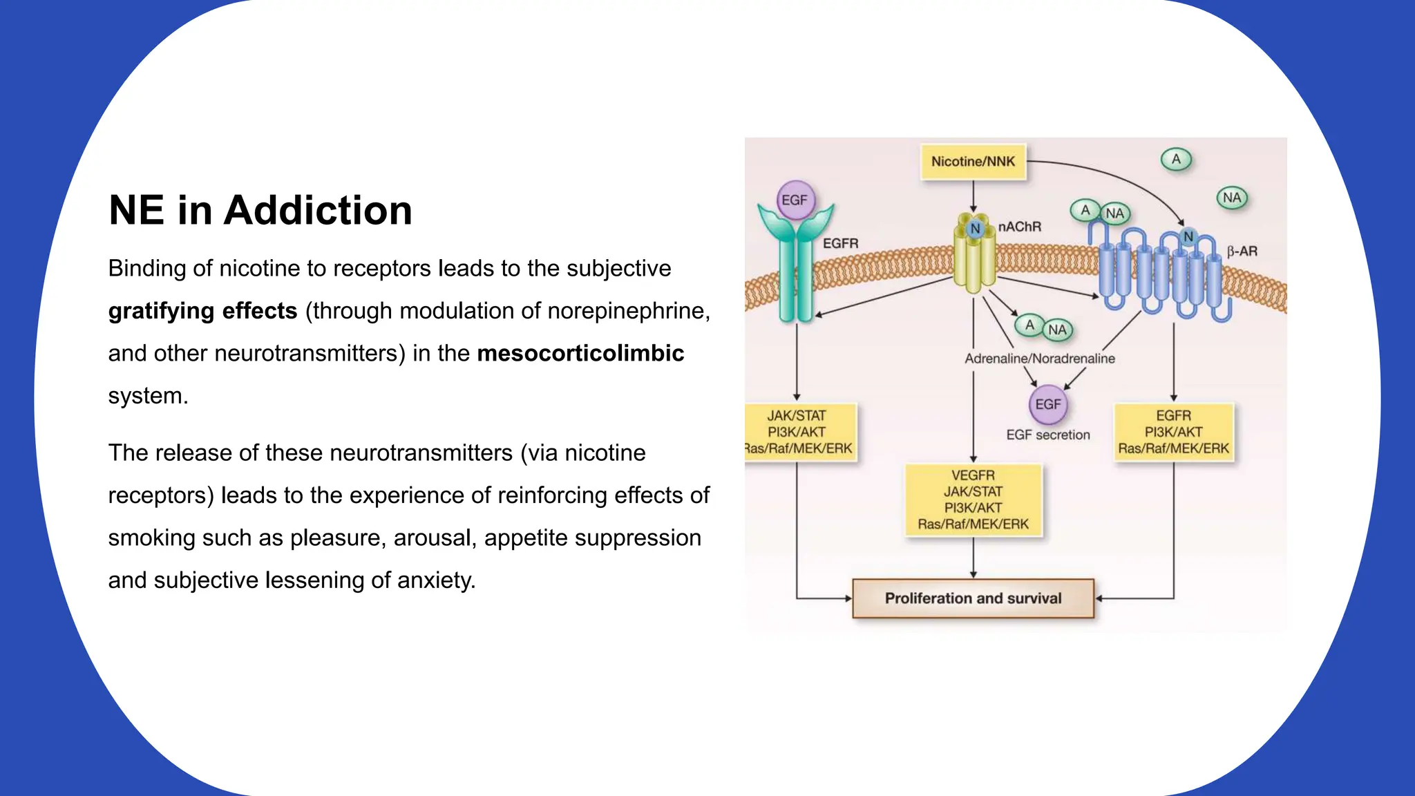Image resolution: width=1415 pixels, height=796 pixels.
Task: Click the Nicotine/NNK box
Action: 973,162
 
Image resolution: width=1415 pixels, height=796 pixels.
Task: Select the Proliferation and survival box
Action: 973,598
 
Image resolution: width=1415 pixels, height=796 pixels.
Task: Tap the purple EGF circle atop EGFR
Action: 795,200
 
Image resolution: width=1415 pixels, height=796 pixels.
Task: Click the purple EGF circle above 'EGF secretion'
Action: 1048,404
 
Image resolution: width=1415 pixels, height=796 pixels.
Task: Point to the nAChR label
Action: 1020,227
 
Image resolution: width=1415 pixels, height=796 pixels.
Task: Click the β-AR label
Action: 1242,252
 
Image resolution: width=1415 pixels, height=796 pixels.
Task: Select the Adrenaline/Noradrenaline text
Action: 1039,359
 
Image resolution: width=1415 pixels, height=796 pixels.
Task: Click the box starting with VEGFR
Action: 973,500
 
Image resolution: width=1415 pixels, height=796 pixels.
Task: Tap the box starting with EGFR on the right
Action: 1173,432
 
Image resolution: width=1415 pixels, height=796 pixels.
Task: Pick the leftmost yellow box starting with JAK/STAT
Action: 799,432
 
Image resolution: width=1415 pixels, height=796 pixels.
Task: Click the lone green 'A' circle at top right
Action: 1176,160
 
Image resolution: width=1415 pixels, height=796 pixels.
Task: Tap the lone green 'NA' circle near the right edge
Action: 1231,198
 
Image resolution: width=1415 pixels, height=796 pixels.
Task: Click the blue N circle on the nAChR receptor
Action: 975,229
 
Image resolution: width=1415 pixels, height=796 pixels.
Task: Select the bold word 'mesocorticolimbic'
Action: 580,353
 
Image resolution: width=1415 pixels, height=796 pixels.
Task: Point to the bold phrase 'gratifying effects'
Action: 202,311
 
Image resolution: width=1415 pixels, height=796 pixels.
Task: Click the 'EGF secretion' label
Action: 1047,435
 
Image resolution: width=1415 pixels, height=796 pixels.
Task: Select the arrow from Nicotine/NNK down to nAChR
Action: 973,196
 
